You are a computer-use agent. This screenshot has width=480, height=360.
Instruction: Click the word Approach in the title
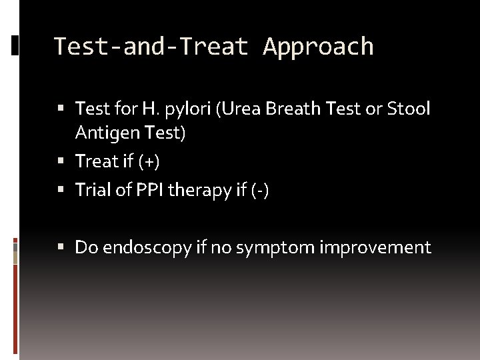[318, 47]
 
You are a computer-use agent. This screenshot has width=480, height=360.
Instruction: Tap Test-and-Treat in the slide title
[151, 47]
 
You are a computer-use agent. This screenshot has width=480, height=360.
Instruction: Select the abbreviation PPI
[151, 190]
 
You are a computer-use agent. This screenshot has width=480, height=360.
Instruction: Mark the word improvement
[375, 248]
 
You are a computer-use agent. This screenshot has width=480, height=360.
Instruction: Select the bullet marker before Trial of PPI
[61, 191]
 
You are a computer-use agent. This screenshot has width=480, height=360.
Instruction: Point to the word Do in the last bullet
[87, 248]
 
